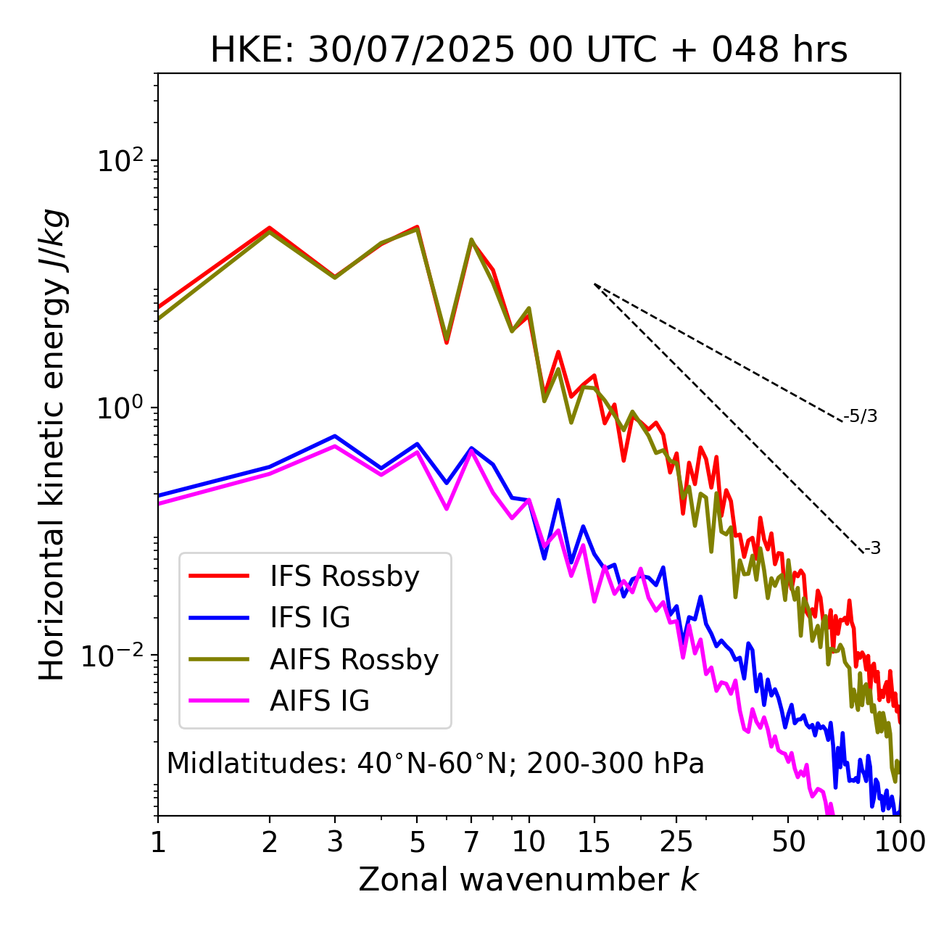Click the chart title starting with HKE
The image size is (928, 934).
(x=529, y=51)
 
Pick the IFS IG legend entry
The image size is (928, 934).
(x=310, y=618)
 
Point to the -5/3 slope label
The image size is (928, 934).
(x=861, y=416)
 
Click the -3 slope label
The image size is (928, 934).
(x=872, y=549)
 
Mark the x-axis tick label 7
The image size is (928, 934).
(x=471, y=842)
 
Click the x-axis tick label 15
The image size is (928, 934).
(x=594, y=842)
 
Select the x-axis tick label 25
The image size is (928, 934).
(x=676, y=842)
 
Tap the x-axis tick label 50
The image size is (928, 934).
(x=788, y=842)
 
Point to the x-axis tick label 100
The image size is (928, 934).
(x=899, y=842)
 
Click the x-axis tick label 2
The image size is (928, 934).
(x=270, y=842)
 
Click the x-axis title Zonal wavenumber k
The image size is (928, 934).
(x=529, y=880)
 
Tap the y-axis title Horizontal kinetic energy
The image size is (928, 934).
(x=52, y=445)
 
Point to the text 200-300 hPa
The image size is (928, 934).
(x=616, y=764)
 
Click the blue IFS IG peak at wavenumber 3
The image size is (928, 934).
(x=334, y=436)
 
